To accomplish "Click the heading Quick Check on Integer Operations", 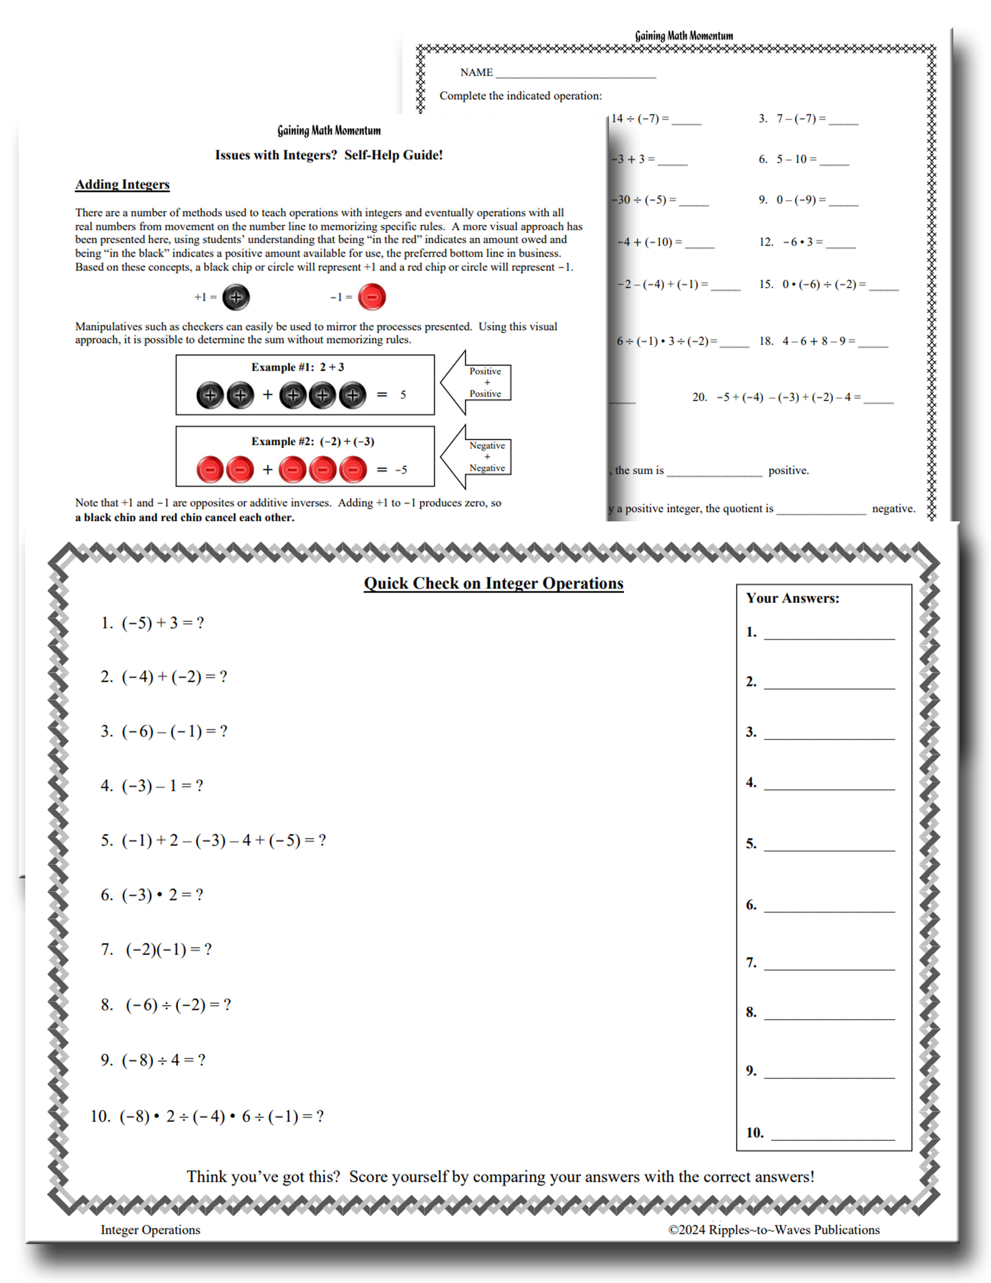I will (493, 583).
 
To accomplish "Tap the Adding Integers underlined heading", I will (122, 184).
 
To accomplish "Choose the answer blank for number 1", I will (829, 633).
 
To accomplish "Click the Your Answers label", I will (792, 598).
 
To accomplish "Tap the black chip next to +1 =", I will (236, 297).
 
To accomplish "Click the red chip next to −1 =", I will (372, 297).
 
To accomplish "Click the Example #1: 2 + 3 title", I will (298, 367).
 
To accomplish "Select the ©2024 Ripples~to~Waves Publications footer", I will (774, 1229).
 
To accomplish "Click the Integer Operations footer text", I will (150, 1229).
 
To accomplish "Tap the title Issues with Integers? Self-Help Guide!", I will (329, 155).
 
